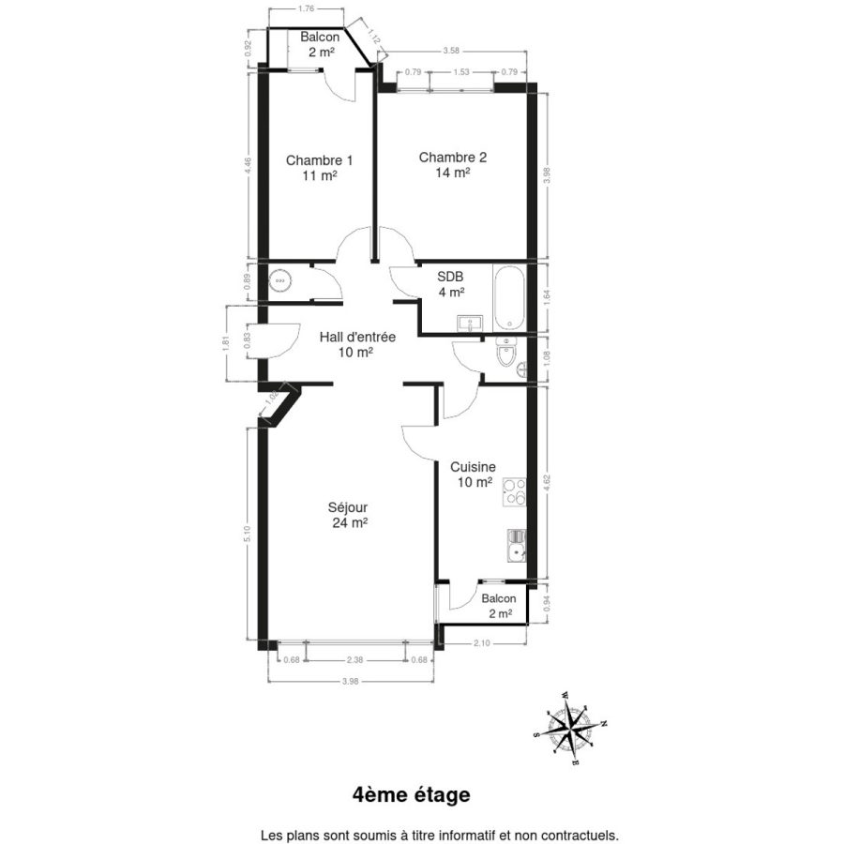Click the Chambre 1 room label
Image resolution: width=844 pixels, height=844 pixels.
click(x=319, y=168)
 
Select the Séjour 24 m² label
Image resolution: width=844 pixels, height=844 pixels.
click(x=348, y=515)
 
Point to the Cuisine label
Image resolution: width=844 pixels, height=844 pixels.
click(x=474, y=467)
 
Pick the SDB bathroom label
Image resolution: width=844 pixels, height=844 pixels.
click(x=450, y=277)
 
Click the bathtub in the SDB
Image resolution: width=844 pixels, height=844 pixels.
click(x=509, y=297)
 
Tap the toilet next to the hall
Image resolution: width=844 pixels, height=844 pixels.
click(x=506, y=352)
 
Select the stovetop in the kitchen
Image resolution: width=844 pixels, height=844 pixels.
click(x=514, y=492)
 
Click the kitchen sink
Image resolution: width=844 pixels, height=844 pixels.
click(x=517, y=545)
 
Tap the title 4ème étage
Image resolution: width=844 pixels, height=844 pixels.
click(x=412, y=794)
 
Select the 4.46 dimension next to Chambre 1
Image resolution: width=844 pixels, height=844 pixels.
click(x=248, y=165)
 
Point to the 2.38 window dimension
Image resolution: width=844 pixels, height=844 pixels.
click(x=354, y=660)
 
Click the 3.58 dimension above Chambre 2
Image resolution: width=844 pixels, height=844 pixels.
click(x=451, y=52)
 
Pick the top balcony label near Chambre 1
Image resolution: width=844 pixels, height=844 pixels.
click(x=321, y=44)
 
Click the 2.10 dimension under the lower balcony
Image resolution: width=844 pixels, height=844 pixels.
click(x=481, y=642)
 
